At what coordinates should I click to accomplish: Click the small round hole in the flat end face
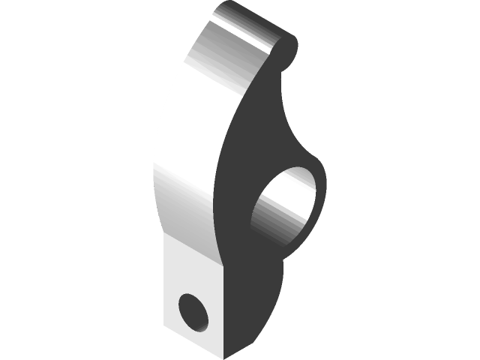click(194, 311)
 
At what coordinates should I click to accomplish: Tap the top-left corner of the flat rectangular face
click(165, 238)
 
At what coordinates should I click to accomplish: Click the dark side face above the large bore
click(255, 135)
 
